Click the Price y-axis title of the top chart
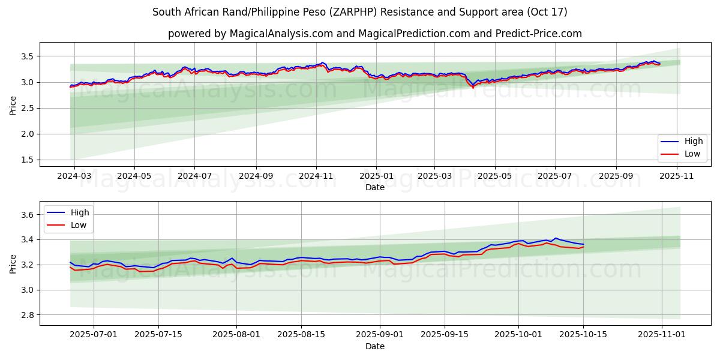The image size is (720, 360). (x=13, y=104)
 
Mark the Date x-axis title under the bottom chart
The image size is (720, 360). (x=375, y=347)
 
